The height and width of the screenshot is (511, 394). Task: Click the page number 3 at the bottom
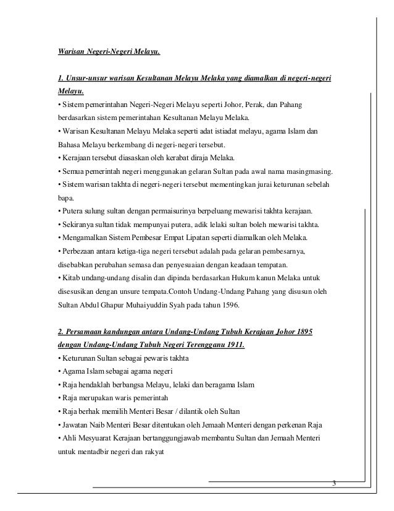click(334, 483)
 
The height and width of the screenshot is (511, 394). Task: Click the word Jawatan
click(73, 425)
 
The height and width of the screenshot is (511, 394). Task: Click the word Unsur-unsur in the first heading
click(87, 79)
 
